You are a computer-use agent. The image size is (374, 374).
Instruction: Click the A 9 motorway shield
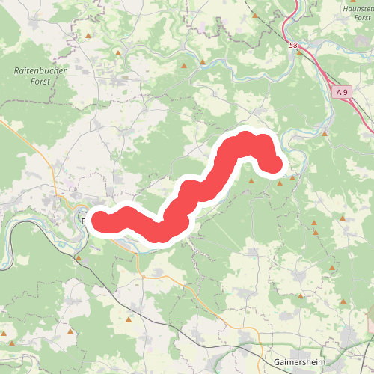(x=343, y=91)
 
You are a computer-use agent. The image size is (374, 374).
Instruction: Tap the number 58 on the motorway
(x=292, y=46)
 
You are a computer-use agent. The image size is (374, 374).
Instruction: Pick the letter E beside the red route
(x=84, y=221)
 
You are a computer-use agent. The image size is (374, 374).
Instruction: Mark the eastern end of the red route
(x=275, y=164)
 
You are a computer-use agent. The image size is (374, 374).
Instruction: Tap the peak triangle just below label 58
(x=298, y=52)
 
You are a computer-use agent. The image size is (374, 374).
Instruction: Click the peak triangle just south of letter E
(x=79, y=257)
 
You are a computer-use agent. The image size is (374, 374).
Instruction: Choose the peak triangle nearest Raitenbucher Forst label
(x=88, y=36)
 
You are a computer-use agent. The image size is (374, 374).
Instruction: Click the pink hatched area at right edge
(x=370, y=322)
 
